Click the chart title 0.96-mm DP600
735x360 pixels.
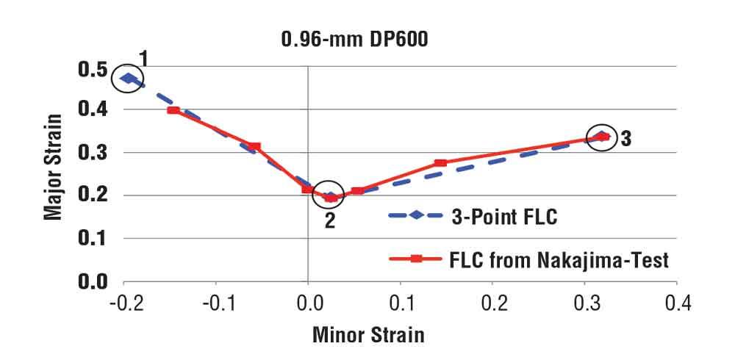click(x=354, y=40)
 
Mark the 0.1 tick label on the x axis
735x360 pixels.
click(x=400, y=302)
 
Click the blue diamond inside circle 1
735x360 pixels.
click(x=129, y=78)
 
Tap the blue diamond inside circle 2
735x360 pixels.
click(x=330, y=197)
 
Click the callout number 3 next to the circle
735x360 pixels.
click(x=625, y=138)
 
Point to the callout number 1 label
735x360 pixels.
click(x=143, y=58)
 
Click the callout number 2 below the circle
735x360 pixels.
click(x=330, y=220)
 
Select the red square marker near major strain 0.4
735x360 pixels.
click(x=173, y=110)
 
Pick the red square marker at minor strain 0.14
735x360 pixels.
click(x=440, y=163)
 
